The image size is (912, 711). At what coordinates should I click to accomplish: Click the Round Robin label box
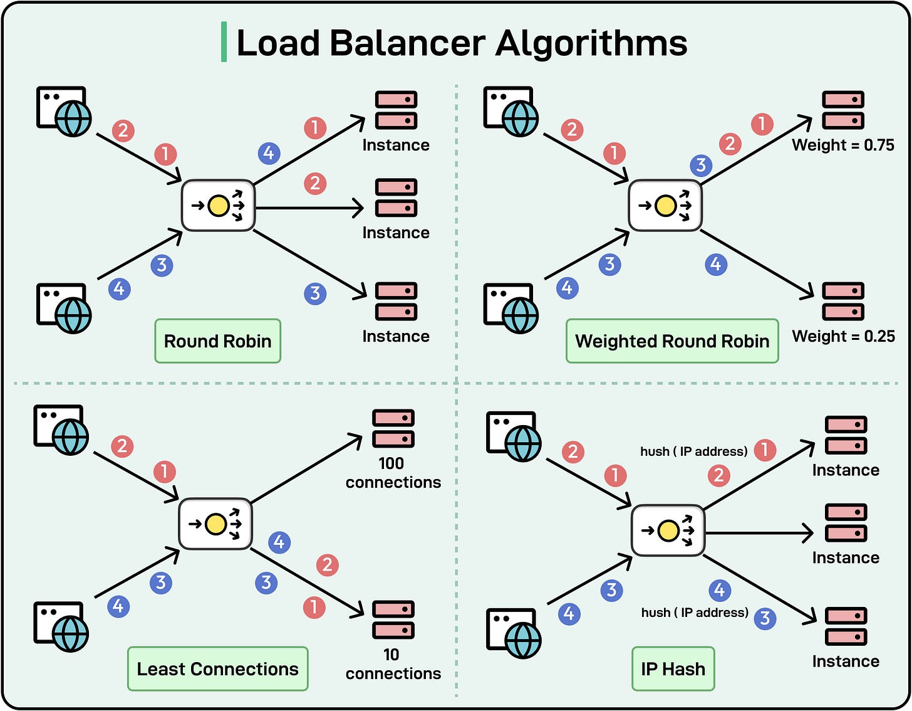pos(217,341)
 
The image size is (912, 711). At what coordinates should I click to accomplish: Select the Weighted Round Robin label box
pos(671,341)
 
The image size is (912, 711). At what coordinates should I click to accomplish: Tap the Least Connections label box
pos(217,669)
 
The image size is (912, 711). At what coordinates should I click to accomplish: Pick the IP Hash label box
pos(673,669)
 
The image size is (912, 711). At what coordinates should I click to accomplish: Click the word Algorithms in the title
pos(591,43)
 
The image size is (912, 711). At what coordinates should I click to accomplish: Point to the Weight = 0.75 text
pos(842,145)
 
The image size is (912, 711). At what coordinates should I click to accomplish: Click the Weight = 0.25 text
pos(842,336)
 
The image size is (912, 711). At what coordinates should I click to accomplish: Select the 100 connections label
pos(393,473)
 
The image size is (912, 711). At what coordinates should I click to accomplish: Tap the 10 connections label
pos(393,664)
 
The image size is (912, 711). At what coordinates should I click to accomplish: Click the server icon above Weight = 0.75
pos(842,110)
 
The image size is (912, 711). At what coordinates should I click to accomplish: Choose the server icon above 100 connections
pos(393,428)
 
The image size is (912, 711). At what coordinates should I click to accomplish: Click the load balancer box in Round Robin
pos(218,206)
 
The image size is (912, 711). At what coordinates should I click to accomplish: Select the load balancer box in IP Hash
pos(668,530)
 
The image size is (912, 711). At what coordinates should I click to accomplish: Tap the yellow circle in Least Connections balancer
pos(215,524)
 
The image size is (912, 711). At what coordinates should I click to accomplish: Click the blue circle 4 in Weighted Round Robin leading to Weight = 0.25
pos(715,265)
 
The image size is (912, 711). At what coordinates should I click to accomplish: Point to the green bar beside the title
pos(224,43)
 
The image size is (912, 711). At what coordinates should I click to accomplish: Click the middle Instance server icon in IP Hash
pos(846,523)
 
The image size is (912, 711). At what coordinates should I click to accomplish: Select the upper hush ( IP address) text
pos(693,451)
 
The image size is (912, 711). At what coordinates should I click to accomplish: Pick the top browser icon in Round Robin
pos(63,111)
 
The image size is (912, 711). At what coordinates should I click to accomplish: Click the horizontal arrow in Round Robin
pos(309,208)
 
